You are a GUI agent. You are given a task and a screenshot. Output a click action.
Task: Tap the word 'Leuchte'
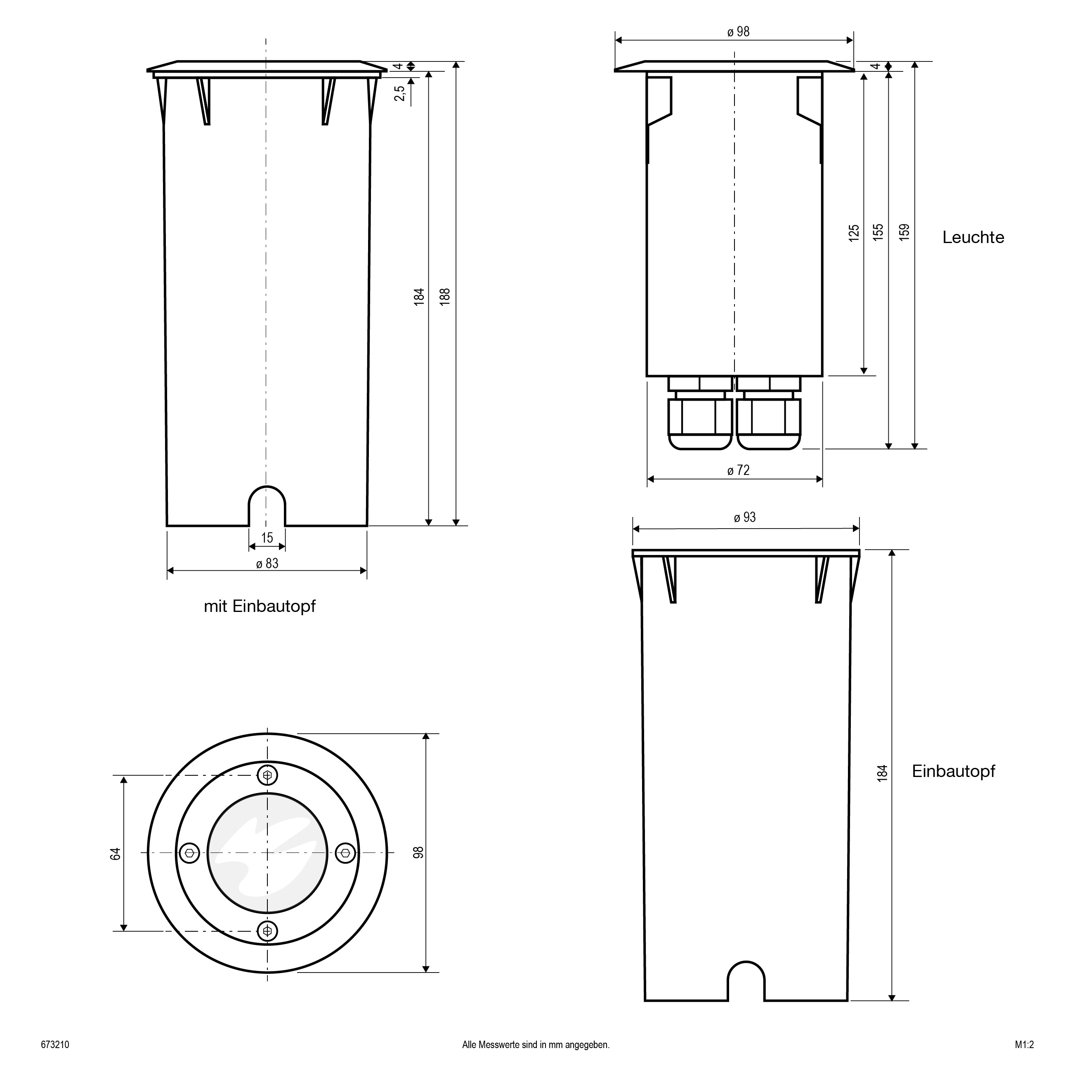973,238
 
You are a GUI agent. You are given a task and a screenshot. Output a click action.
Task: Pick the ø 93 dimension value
745,518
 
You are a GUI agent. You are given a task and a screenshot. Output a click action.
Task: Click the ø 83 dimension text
267,564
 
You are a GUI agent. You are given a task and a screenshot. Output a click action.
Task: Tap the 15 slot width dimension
267,538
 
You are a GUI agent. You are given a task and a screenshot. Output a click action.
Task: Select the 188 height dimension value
445,296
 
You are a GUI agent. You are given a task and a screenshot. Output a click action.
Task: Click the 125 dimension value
854,232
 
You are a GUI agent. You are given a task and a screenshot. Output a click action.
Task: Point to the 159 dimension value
904,232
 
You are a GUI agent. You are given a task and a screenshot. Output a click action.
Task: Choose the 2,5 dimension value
399,93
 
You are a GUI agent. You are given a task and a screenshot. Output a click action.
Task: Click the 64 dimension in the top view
116,853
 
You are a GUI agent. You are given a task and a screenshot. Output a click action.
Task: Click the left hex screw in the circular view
190,853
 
